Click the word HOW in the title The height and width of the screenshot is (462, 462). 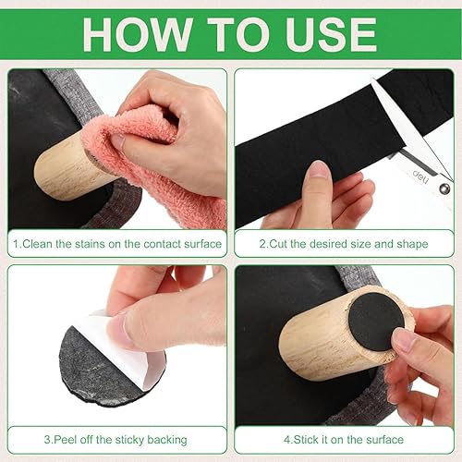[x=137, y=34]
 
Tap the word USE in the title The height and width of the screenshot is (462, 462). [x=331, y=34]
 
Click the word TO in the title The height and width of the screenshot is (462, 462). [x=237, y=34]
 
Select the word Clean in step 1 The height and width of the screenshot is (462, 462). [x=37, y=244]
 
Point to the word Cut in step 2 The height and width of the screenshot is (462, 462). [x=278, y=244]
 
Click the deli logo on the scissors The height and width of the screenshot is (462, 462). [x=420, y=176]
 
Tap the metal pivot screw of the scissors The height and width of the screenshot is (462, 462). [x=444, y=188]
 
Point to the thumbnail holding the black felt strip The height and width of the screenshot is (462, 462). [x=318, y=169]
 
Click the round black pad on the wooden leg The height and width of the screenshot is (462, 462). [x=376, y=322]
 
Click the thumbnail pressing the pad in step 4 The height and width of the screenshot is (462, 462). [x=404, y=338]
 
